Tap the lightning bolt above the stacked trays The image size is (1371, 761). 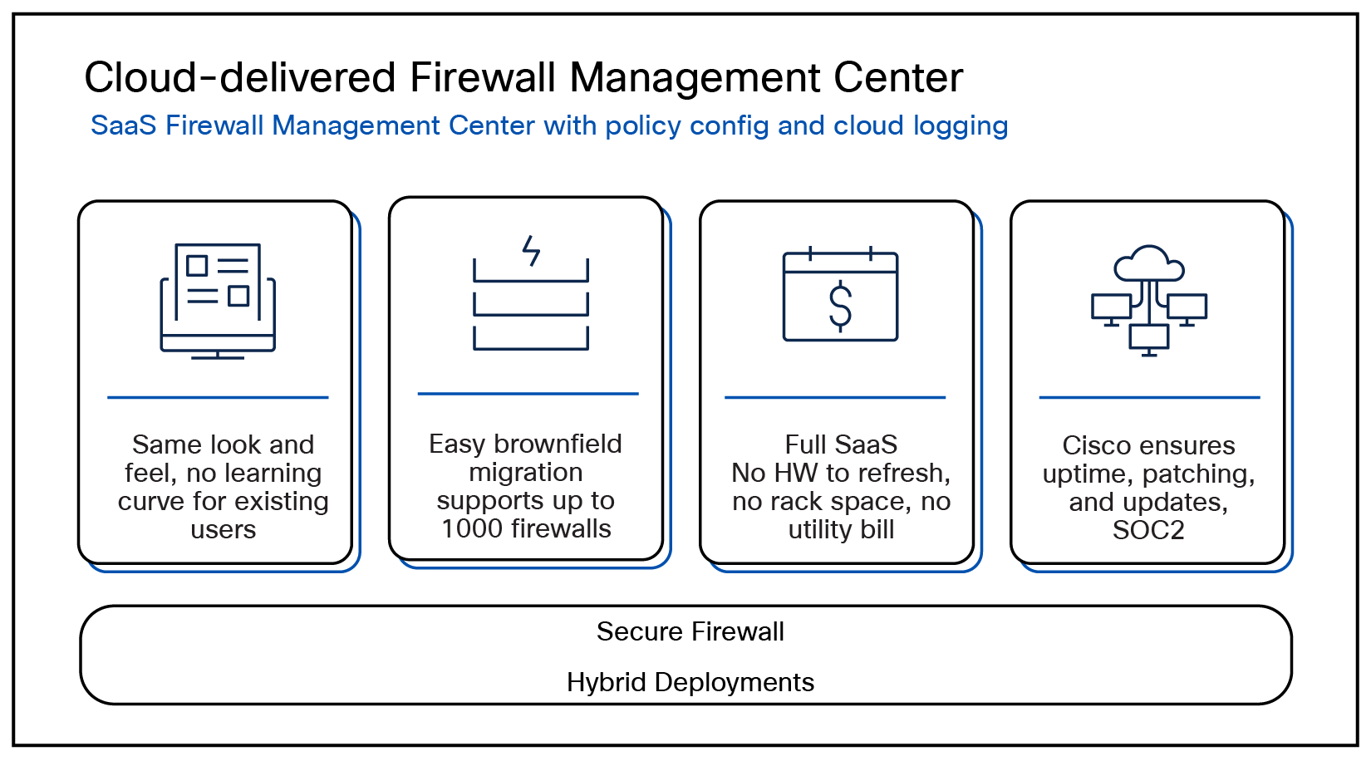[x=531, y=250]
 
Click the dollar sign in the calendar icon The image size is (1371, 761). [x=840, y=306]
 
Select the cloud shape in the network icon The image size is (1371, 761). [x=1149, y=264]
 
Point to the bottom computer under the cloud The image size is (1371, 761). [x=1149, y=338]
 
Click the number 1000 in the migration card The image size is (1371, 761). [x=471, y=529]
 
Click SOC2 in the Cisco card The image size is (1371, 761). [x=1148, y=530]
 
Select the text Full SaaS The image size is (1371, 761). [x=841, y=444]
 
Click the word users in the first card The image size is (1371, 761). [x=223, y=529]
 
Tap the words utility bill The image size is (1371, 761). [x=841, y=529]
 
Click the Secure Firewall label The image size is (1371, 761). [x=690, y=631]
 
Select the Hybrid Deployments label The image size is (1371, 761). [x=690, y=682]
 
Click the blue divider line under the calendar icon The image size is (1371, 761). [x=835, y=397]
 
